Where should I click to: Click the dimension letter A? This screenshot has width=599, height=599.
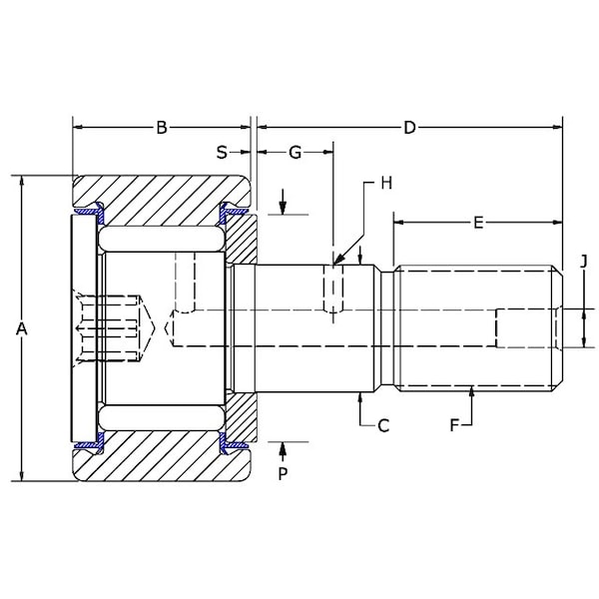click(22, 328)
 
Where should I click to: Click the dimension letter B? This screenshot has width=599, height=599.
click(162, 127)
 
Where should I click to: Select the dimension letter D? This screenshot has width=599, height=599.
click(409, 127)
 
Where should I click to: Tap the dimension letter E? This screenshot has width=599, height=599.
click(478, 223)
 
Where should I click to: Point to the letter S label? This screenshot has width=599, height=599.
click(222, 153)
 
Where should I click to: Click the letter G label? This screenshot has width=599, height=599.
click(295, 153)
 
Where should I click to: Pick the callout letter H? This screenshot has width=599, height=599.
click(386, 183)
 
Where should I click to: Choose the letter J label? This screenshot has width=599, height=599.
click(583, 262)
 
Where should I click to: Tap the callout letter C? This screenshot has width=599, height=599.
click(383, 425)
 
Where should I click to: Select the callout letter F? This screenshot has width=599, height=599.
click(454, 425)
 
